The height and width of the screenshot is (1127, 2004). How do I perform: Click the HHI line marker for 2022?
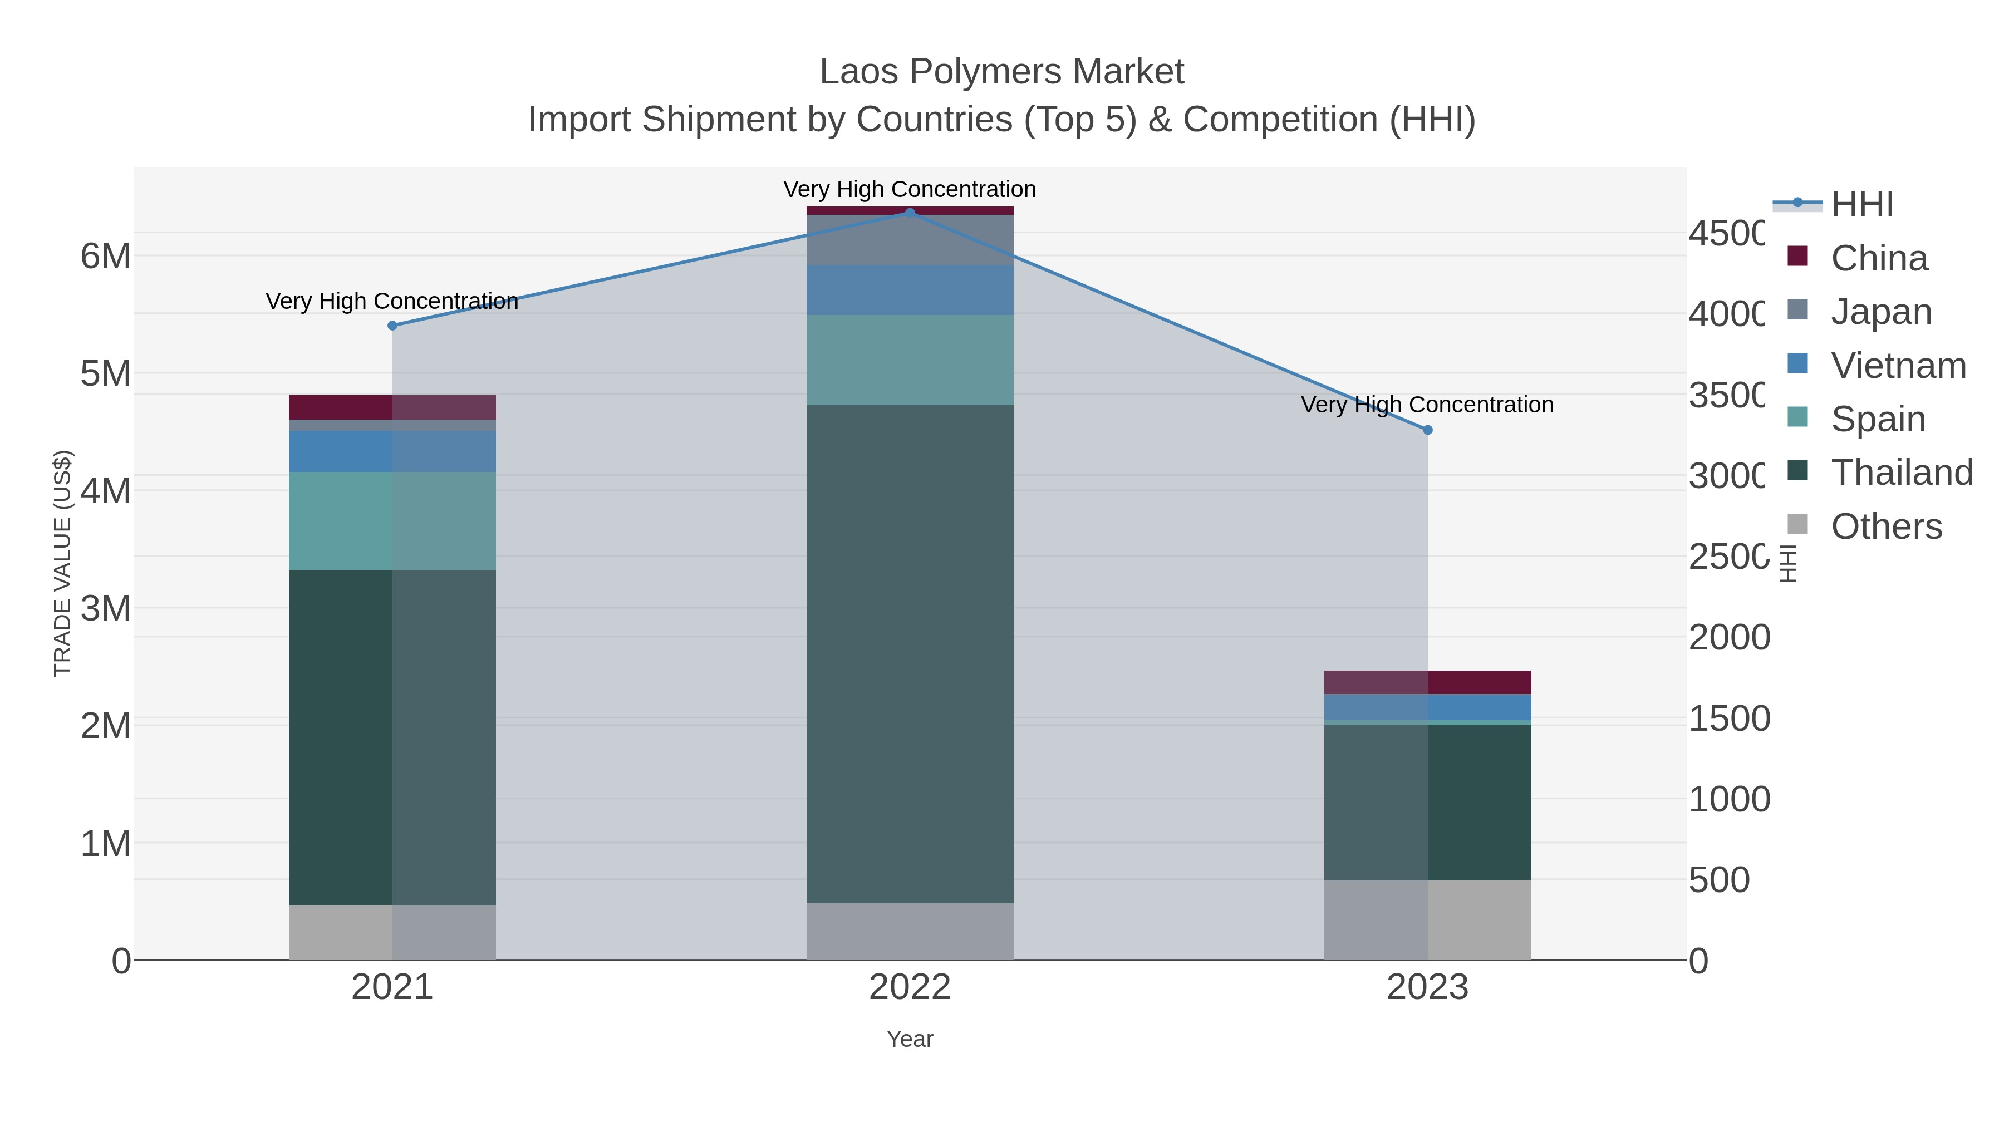click(910, 213)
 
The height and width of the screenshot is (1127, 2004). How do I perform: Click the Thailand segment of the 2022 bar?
click(910, 653)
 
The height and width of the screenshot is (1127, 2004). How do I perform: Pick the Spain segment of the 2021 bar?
click(392, 520)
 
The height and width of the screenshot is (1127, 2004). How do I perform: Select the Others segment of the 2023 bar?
click(1427, 919)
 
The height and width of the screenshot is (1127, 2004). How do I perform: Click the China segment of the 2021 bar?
click(392, 407)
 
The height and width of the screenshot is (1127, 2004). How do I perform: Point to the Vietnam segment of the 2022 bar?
click(910, 289)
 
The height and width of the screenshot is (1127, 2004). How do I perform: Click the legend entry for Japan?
click(1880, 312)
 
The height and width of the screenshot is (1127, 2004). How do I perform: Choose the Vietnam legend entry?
click(1898, 366)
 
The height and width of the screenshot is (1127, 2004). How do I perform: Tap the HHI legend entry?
click(1861, 205)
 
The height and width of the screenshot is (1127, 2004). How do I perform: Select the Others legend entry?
click(1886, 526)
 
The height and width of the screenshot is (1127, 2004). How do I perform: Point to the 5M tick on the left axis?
click(106, 373)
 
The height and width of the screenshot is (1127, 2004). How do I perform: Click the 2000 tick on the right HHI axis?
click(1728, 638)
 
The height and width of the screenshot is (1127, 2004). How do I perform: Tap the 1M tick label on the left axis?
click(106, 844)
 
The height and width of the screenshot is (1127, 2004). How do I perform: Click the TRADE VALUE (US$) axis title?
click(62, 563)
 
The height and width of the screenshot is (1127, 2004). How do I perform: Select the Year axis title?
click(910, 1039)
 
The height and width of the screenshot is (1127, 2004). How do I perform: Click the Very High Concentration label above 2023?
click(1427, 405)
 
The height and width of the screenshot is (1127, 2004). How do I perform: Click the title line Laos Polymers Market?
click(1001, 72)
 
